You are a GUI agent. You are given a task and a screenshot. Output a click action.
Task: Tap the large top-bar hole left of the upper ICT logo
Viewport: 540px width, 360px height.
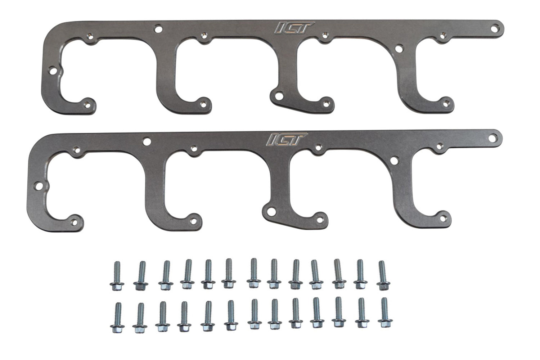(x=157, y=28)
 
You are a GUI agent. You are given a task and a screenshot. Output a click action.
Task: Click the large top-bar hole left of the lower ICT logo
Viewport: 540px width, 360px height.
(x=146, y=141)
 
